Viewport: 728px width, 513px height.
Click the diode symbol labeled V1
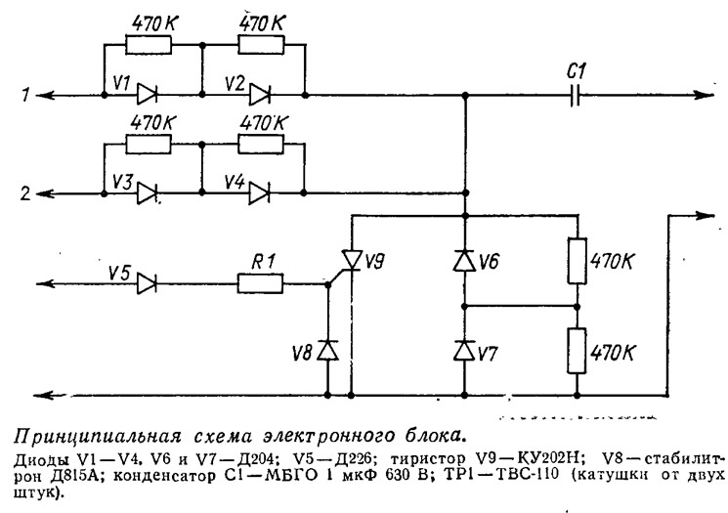pos(149,95)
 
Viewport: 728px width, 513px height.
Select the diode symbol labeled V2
pos(259,95)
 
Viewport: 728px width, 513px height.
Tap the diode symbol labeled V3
pos(149,192)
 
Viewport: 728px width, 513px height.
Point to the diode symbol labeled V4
pos(259,192)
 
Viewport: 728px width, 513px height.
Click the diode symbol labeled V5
pos(149,284)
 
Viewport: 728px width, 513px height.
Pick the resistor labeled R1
pos(260,284)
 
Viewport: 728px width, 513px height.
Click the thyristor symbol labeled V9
pos(351,258)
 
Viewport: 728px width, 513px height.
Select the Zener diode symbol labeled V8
pos(328,350)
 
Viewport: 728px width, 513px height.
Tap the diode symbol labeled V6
pos(465,259)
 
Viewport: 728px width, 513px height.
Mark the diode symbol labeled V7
pos(465,350)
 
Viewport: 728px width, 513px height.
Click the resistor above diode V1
pos(150,45)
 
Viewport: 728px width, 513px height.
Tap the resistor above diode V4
pos(261,143)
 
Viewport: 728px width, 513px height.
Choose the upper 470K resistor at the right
pos(577,259)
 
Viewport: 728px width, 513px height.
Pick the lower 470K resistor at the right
pos(577,350)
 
